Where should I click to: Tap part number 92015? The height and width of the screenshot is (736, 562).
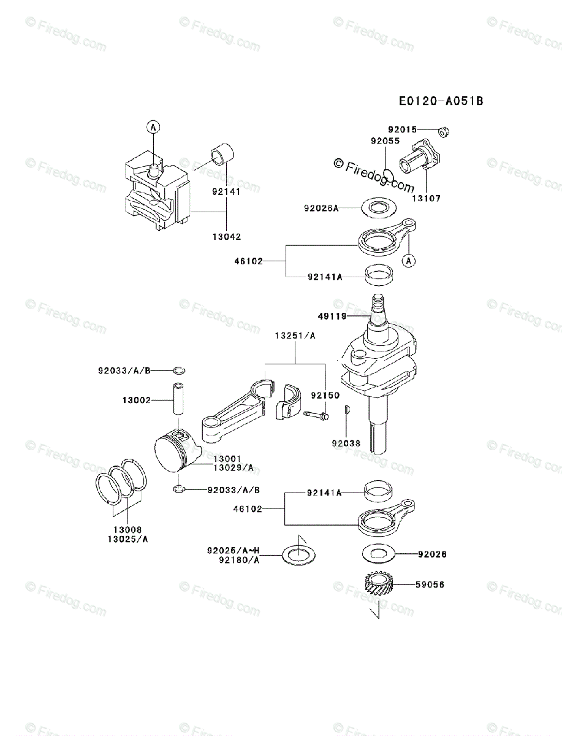(x=402, y=129)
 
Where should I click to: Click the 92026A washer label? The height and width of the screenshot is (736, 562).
(x=321, y=208)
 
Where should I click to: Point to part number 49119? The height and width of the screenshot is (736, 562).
(x=333, y=316)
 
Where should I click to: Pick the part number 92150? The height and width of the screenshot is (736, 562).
(x=325, y=396)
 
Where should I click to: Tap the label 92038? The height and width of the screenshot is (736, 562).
(x=346, y=443)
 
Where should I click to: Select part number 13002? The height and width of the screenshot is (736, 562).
(x=136, y=399)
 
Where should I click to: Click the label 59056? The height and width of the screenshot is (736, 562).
(x=430, y=585)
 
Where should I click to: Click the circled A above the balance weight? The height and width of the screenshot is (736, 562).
(x=153, y=127)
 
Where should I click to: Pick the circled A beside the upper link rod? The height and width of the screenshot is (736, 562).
(x=409, y=261)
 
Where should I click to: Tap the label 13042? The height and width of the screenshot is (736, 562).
(x=227, y=236)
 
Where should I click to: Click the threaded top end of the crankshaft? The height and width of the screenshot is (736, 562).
(x=379, y=302)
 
